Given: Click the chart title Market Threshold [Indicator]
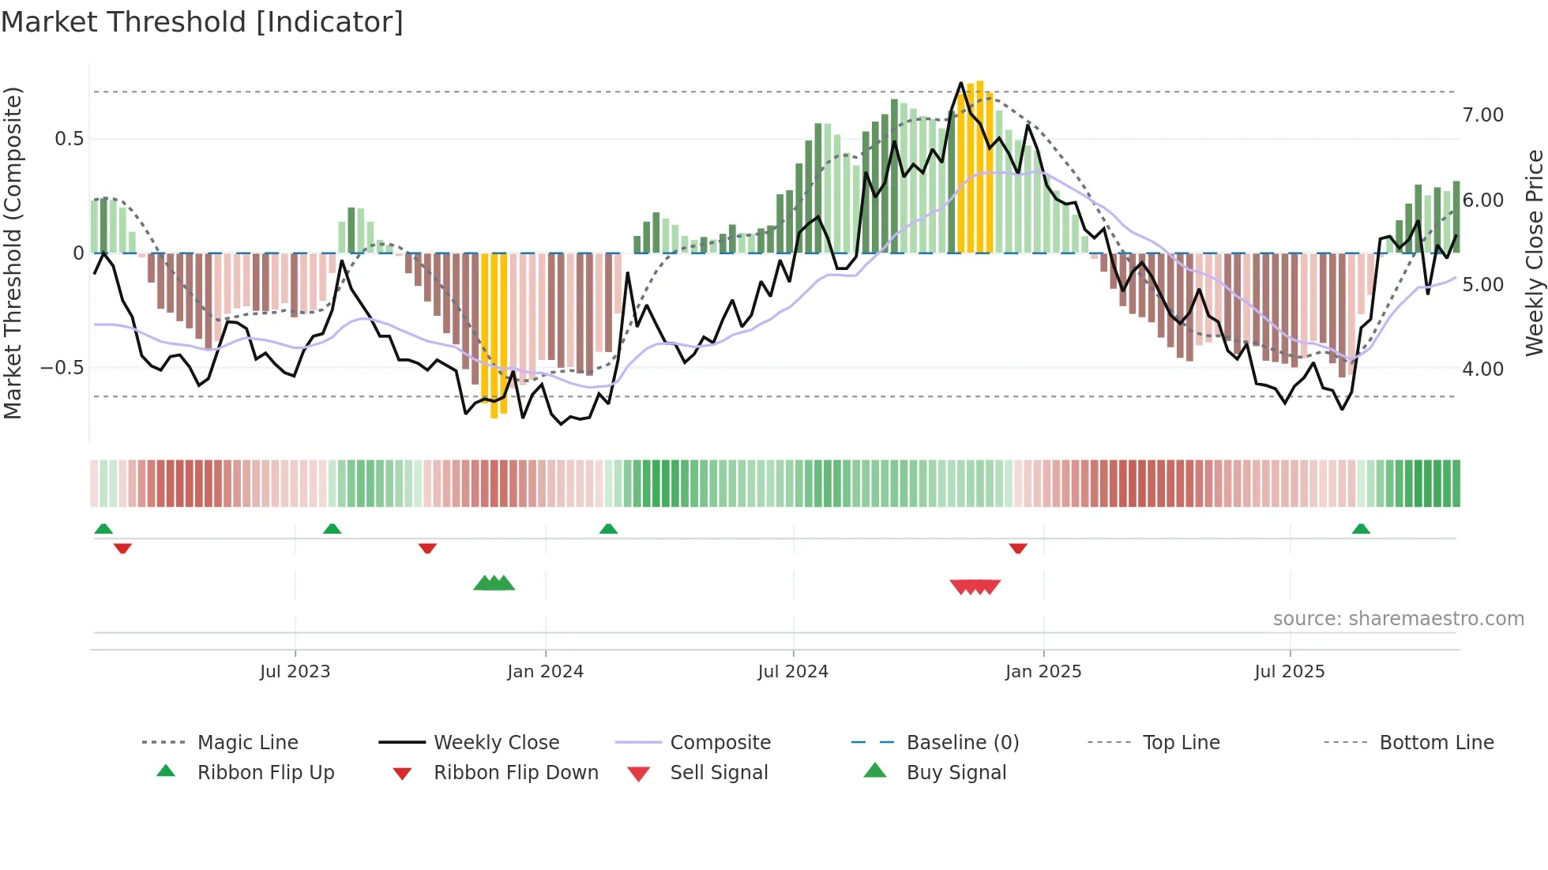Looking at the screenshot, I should (202, 22).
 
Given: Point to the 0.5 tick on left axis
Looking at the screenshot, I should (69, 139).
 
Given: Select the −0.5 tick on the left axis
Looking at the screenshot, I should (62, 368).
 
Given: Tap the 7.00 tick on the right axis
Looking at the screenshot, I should (1482, 115).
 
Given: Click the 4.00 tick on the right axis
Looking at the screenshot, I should (1482, 369).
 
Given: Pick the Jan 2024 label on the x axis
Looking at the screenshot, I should (545, 672).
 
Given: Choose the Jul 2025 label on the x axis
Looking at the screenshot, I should (1289, 672).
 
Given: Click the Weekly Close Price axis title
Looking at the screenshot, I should (1533, 253).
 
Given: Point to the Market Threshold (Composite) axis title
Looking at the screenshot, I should (13, 253).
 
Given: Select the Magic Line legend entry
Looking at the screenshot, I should (247, 743).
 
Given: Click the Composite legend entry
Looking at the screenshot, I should (720, 743).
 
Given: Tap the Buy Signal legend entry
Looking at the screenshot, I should (956, 773).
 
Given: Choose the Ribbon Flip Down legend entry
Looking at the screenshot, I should (515, 773).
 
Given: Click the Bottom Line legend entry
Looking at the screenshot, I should (1436, 743).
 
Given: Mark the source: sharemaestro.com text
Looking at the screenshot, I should (1398, 619).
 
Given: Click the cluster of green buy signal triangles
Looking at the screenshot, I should (494, 584).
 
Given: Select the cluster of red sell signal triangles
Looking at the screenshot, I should (975, 587).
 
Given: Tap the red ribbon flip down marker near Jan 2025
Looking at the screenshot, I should (1017, 548).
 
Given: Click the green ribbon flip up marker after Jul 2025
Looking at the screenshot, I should (1360, 529).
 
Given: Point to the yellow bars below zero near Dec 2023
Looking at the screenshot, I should (494, 336).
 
